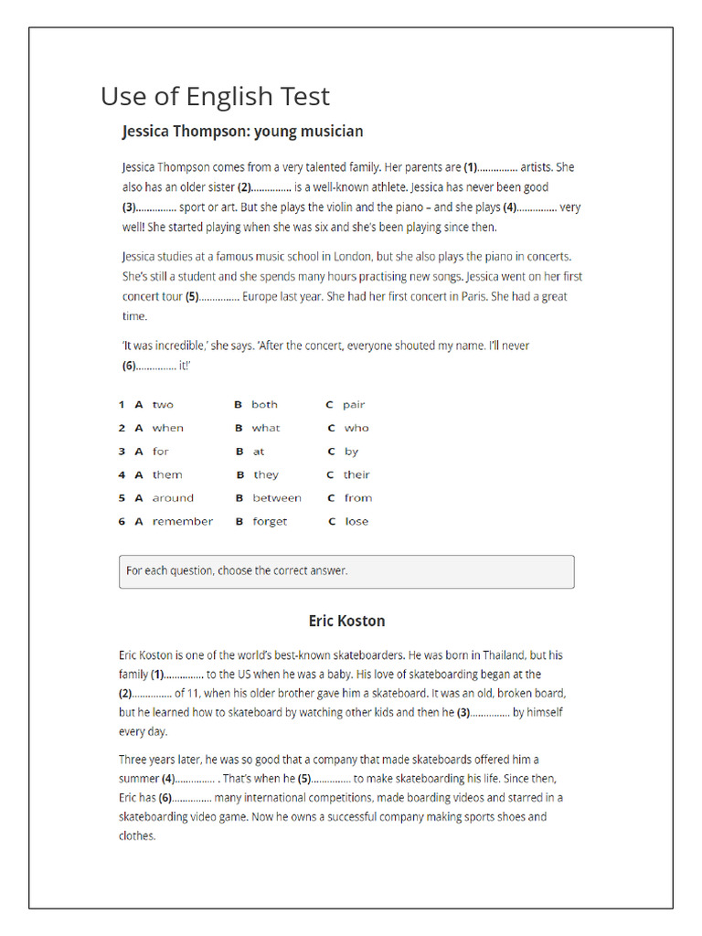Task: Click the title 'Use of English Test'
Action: click(215, 96)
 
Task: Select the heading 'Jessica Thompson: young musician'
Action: click(242, 132)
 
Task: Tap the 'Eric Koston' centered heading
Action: click(346, 622)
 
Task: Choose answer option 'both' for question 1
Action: click(264, 404)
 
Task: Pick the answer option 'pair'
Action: click(354, 404)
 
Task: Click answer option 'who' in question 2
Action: click(356, 428)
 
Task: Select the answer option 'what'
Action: click(266, 428)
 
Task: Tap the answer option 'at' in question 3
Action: click(259, 452)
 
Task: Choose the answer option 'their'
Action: click(356, 474)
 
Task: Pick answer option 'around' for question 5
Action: click(173, 498)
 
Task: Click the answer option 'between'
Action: click(276, 498)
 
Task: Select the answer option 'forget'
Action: click(270, 522)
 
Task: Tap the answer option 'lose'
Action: click(356, 522)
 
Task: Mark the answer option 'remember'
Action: click(182, 522)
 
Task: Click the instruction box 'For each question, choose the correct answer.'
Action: click(346, 571)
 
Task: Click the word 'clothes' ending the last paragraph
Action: click(136, 835)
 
